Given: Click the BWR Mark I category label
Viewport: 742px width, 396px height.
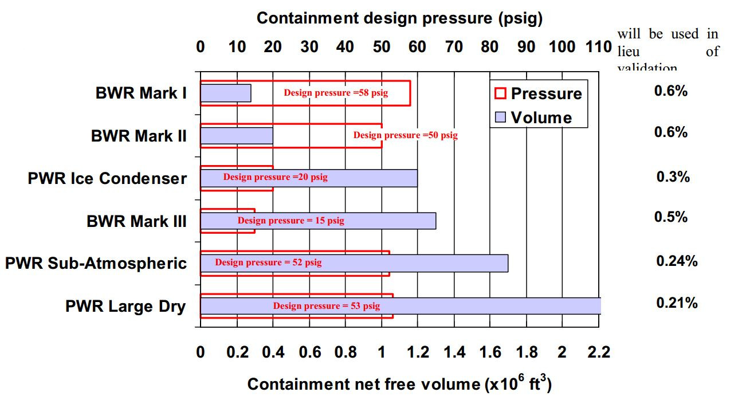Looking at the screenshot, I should click(141, 93).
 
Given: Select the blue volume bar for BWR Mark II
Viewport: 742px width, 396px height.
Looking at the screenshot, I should click(236, 136).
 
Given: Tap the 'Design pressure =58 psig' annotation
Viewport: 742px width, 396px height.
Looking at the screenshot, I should click(336, 93).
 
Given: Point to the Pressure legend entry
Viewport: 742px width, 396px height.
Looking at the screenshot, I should click(538, 93).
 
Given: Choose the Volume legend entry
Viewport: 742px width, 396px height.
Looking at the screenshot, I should click(533, 118).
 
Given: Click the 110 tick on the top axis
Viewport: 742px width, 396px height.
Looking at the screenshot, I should click(599, 46).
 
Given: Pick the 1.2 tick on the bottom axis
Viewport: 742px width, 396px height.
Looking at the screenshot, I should click(418, 352).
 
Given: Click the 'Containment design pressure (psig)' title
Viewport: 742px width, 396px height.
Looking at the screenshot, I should click(399, 18).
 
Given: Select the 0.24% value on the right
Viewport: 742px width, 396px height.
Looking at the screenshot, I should click(677, 261).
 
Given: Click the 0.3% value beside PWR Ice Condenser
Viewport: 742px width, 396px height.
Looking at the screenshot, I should click(673, 177).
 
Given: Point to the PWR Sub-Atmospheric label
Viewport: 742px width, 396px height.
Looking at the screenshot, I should click(96, 263).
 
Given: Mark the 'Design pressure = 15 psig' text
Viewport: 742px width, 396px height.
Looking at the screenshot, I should click(291, 221).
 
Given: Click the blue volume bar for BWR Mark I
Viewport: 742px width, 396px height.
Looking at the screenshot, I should click(225, 93).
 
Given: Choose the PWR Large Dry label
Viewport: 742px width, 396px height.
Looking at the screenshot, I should click(125, 306).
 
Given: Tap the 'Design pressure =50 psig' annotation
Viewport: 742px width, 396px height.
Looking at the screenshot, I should click(405, 135).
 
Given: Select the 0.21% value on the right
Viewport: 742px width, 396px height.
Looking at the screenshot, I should click(677, 303).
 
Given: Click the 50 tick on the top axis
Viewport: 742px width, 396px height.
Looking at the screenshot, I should click(381, 46).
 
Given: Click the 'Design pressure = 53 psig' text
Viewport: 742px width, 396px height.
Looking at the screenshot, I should click(326, 306).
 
